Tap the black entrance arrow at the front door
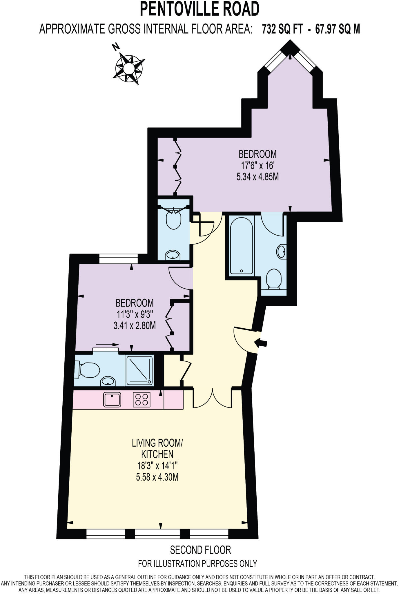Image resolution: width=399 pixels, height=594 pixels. click(x=261, y=343)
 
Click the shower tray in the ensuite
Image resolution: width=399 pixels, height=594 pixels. click(x=139, y=370)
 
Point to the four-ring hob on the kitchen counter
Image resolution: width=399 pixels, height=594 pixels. click(x=142, y=400)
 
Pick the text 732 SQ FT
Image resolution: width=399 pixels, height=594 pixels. click(x=282, y=29)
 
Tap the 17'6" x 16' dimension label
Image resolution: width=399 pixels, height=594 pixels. click(x=257, y=165)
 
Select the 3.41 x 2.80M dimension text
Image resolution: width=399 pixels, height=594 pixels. click(x=135, y=325)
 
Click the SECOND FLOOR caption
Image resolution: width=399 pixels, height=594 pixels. click(x=200, y=549)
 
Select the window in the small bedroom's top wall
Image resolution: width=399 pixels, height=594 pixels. click(x=118, y=258)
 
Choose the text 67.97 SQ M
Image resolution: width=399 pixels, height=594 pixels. click(x=338, y=29)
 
